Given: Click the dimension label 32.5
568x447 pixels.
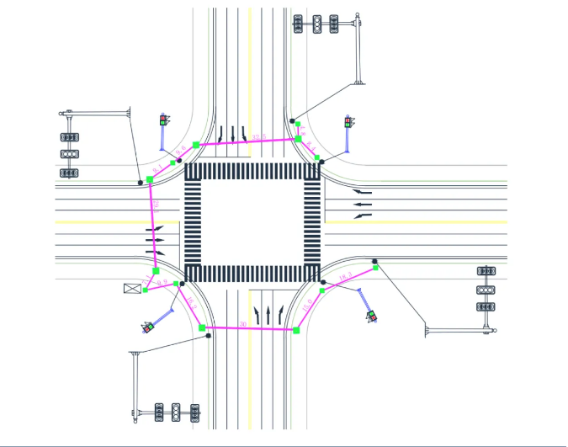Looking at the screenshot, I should [x=258, y=136].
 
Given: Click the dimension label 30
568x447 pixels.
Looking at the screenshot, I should [x=244, y=323].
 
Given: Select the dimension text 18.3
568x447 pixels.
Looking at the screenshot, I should [x=343, y=278].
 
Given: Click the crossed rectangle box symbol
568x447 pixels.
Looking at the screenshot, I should [x=132, y=288].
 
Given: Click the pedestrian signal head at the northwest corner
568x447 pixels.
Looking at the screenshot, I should [x=164, y=120].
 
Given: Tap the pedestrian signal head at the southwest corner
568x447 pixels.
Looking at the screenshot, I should [x=149, y=327].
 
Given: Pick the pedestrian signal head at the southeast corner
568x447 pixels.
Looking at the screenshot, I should [x=371, y=316].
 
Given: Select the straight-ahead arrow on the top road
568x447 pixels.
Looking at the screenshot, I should [x=232, y=133].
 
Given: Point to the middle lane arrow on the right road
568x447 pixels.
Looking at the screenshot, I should [x=363, y=204].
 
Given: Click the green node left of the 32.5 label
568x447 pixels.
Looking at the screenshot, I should [x=196, y=145].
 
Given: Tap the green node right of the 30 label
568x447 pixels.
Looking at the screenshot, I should [x=296, y=329].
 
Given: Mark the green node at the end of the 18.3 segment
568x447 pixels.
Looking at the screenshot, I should [x=376, y=268].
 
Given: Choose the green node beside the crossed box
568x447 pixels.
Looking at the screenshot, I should [x=146, y=290].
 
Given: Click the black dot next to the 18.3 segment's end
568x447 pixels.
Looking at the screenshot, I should [x=374, y=262].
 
